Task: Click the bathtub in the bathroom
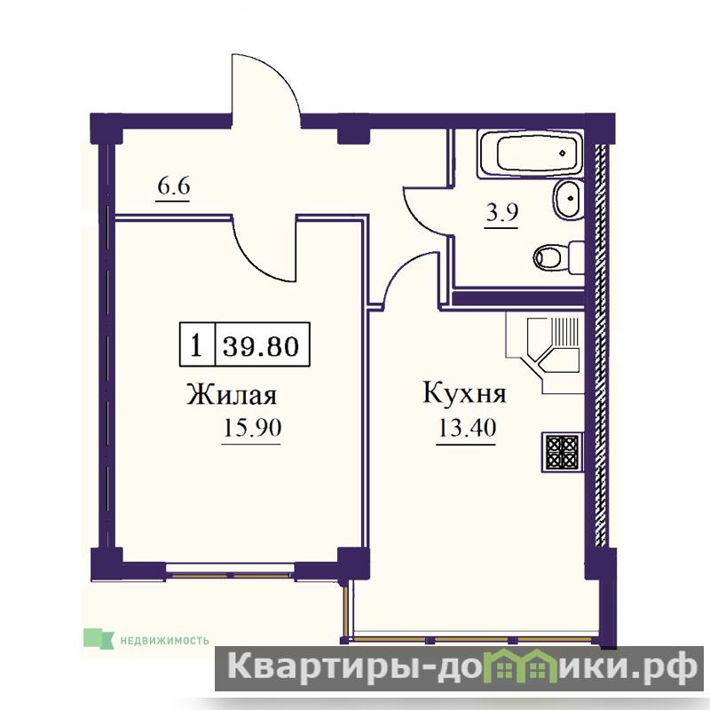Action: tap(530, 154)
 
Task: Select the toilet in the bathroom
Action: tap(559, 257)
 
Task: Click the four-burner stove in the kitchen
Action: tap(562, 453)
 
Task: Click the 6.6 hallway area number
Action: tap(173, 186)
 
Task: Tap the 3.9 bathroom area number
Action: tap(501, 213)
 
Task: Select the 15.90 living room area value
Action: tap(253, 428)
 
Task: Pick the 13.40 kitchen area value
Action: tap(467, 428)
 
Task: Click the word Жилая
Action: tap(232, 395)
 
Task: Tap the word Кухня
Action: tap(464, 392)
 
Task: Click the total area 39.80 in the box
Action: tap(261, 345)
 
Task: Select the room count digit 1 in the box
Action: tap(196, 345)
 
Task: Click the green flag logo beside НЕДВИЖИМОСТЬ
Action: tap(99, 637)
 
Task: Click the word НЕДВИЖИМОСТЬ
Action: tap(164, 640)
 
